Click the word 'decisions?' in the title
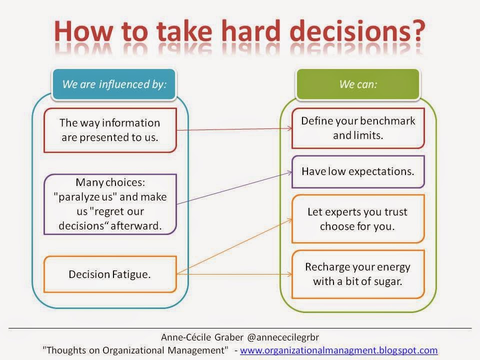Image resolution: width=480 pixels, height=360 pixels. [357, 30]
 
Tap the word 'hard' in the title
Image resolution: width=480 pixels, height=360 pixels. [250, 30]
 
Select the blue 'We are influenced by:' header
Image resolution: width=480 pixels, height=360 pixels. [114, 84]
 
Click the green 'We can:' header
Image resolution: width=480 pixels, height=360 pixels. [358, 84]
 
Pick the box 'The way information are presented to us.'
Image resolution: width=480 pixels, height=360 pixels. [110, 130]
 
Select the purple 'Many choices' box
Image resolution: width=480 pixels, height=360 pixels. [110, 204]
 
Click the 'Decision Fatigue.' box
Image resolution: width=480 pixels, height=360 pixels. [110, 274]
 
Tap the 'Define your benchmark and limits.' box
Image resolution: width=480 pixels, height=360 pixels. [358, 128]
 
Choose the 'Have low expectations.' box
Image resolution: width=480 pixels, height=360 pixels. [358, 171]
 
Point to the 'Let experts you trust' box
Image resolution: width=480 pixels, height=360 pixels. [358, 219]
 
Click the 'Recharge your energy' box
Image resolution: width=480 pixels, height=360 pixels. [358, 274]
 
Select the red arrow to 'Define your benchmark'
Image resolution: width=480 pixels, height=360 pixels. [234, 129]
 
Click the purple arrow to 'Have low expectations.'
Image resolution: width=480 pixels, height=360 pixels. [234, 188]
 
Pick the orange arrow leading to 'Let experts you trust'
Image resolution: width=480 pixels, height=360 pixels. [234, 246]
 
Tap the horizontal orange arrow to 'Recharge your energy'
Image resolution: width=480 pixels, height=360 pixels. [234, 274]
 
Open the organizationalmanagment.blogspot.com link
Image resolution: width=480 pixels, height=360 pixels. [338, 350]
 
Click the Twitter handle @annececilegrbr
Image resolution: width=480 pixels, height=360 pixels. [283, 337]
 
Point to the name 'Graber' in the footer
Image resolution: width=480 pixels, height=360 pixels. [228, 337]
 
